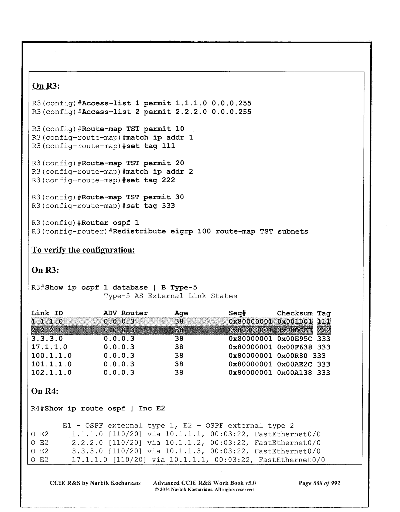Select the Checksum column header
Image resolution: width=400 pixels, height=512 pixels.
[295, 313]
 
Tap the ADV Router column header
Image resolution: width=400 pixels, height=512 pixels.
[125, 313]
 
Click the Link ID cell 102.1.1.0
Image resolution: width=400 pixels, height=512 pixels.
[52, 373]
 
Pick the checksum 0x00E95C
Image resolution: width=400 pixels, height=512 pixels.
[295, 339]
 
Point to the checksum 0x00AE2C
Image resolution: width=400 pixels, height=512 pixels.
[295, 364]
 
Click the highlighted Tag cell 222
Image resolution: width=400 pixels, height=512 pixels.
[324, 330]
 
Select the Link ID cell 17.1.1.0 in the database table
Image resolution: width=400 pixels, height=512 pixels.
[49, 347]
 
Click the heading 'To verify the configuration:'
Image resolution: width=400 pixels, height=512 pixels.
[83, 250]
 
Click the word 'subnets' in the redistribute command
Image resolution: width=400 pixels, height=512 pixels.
[293, 231]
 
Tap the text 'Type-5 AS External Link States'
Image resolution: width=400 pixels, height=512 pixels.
[170, 296]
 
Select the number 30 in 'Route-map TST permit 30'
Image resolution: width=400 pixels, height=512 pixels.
[179, 197]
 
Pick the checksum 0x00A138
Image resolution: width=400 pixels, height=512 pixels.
[295, 373]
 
